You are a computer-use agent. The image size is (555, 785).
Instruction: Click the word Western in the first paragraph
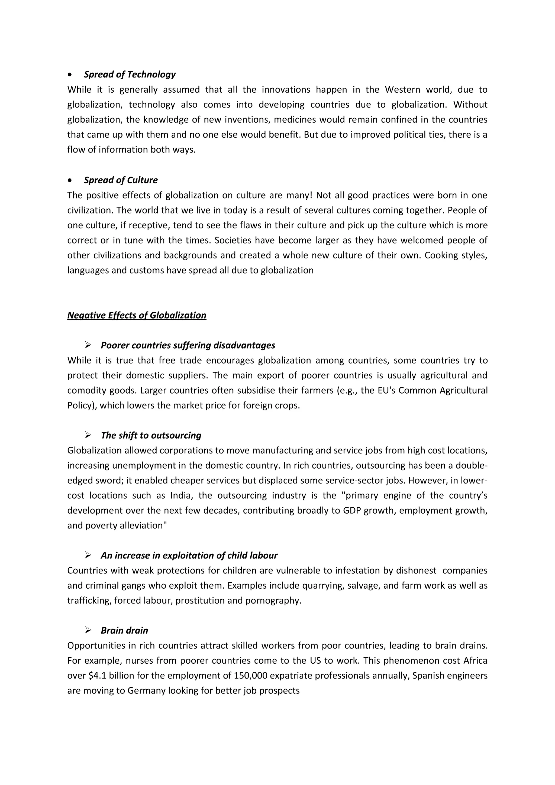402,90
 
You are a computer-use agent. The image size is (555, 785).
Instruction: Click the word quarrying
322,585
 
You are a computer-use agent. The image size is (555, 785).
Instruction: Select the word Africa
475,661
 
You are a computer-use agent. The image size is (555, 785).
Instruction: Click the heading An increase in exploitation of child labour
189,555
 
